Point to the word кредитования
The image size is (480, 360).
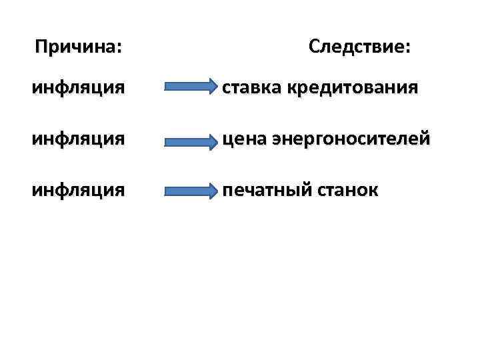pyautogui.click(x=350, y=87)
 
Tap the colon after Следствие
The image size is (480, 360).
pyautogui.click(x=408, y=49)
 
